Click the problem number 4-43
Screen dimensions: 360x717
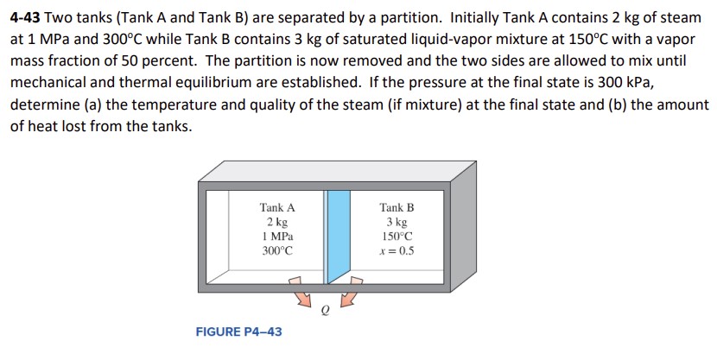pyautogui.click(x=29, y=18)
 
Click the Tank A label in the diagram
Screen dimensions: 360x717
pyautogui.click(x=276, y=207)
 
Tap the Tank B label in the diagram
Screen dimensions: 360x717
pyautogui.click(x=397, y=207)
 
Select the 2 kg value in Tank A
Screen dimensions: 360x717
pyautogui.click(x=276, y=222)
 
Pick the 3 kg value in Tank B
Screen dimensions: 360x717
pyautogui.click(x=397, y=222)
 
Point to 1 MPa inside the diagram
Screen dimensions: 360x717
pyautogui.click(x=276, y=236)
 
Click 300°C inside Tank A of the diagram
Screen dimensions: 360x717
pyautogui.click(x=276, y=250)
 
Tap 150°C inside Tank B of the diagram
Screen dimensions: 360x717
pyautogui.click(x=397, y=236)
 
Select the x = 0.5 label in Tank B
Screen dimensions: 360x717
pyautogui.click(x=397, y=250)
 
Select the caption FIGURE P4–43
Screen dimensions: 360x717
pyautogui.click(x=238, y=332)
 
